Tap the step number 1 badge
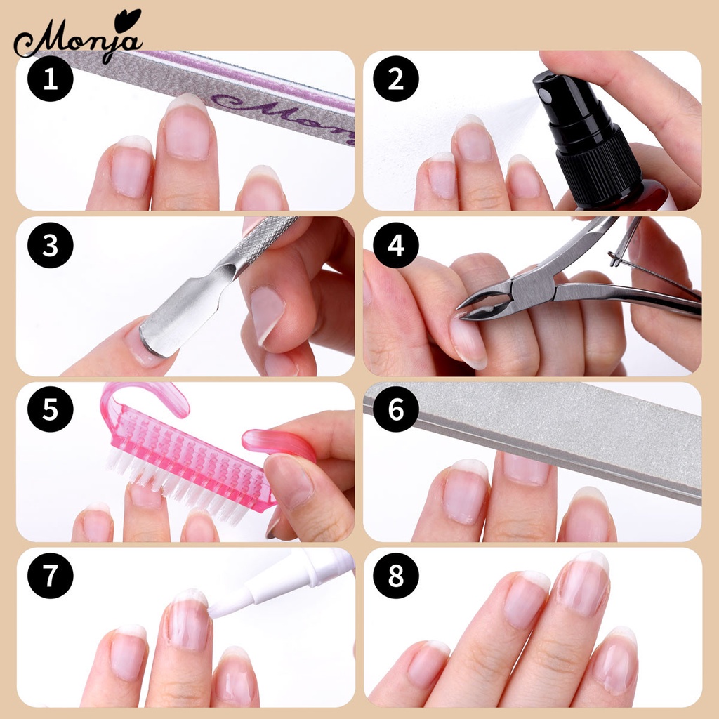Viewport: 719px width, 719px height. (50, 79)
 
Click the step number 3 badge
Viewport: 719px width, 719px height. (50, 245)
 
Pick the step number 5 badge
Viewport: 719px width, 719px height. (50, 410)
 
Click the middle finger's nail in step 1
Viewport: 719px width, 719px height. (187, 130)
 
